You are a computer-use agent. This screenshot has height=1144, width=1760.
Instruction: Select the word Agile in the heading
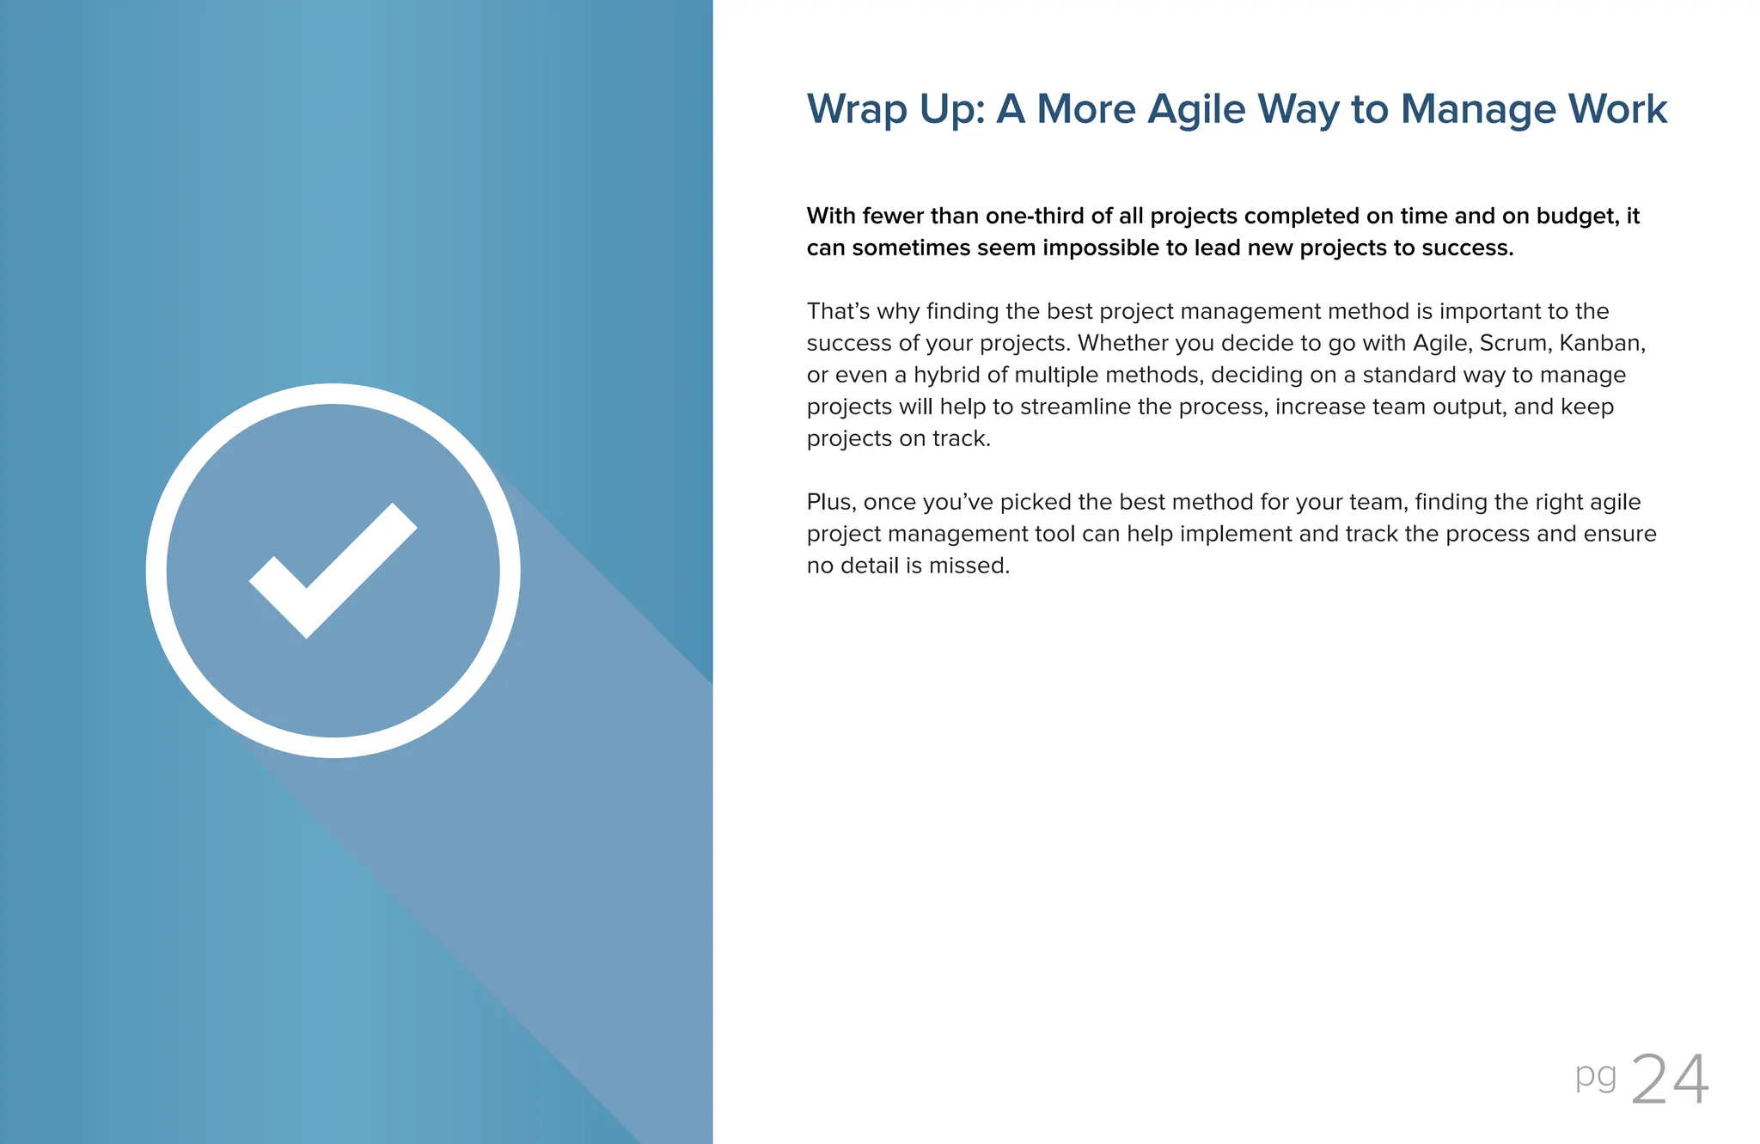coord(1196,110)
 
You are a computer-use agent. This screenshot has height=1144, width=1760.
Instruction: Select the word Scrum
coord(1513,343)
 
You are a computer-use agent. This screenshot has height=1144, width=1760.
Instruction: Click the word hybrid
coord(946,375)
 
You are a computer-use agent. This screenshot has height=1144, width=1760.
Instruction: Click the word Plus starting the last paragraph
coord(830,502)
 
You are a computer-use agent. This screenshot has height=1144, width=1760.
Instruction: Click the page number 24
coord(1669,1080)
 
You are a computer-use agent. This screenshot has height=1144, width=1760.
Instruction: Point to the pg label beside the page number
coord(1596,1076)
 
